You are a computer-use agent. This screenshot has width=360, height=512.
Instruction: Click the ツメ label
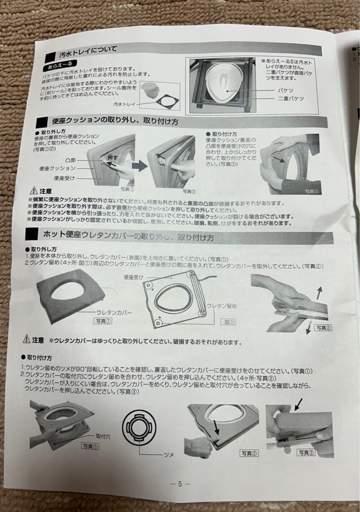tap(169, 454)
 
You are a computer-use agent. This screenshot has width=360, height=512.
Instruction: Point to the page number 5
tap(180, 484)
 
